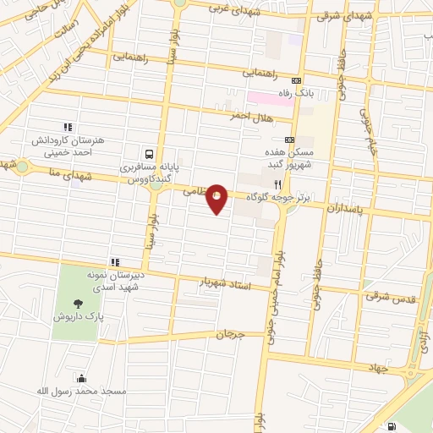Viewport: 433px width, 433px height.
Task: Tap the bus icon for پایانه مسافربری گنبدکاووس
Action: coord(149,154)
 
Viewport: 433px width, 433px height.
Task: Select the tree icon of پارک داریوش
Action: coord(78,303)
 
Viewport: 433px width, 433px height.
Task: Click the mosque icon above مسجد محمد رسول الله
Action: coord(81,378)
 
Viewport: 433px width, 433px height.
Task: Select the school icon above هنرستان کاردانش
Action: coord(67,127)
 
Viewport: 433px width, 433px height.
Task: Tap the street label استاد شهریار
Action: coord(225,283)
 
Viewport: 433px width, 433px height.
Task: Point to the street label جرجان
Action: coord(229,335)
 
